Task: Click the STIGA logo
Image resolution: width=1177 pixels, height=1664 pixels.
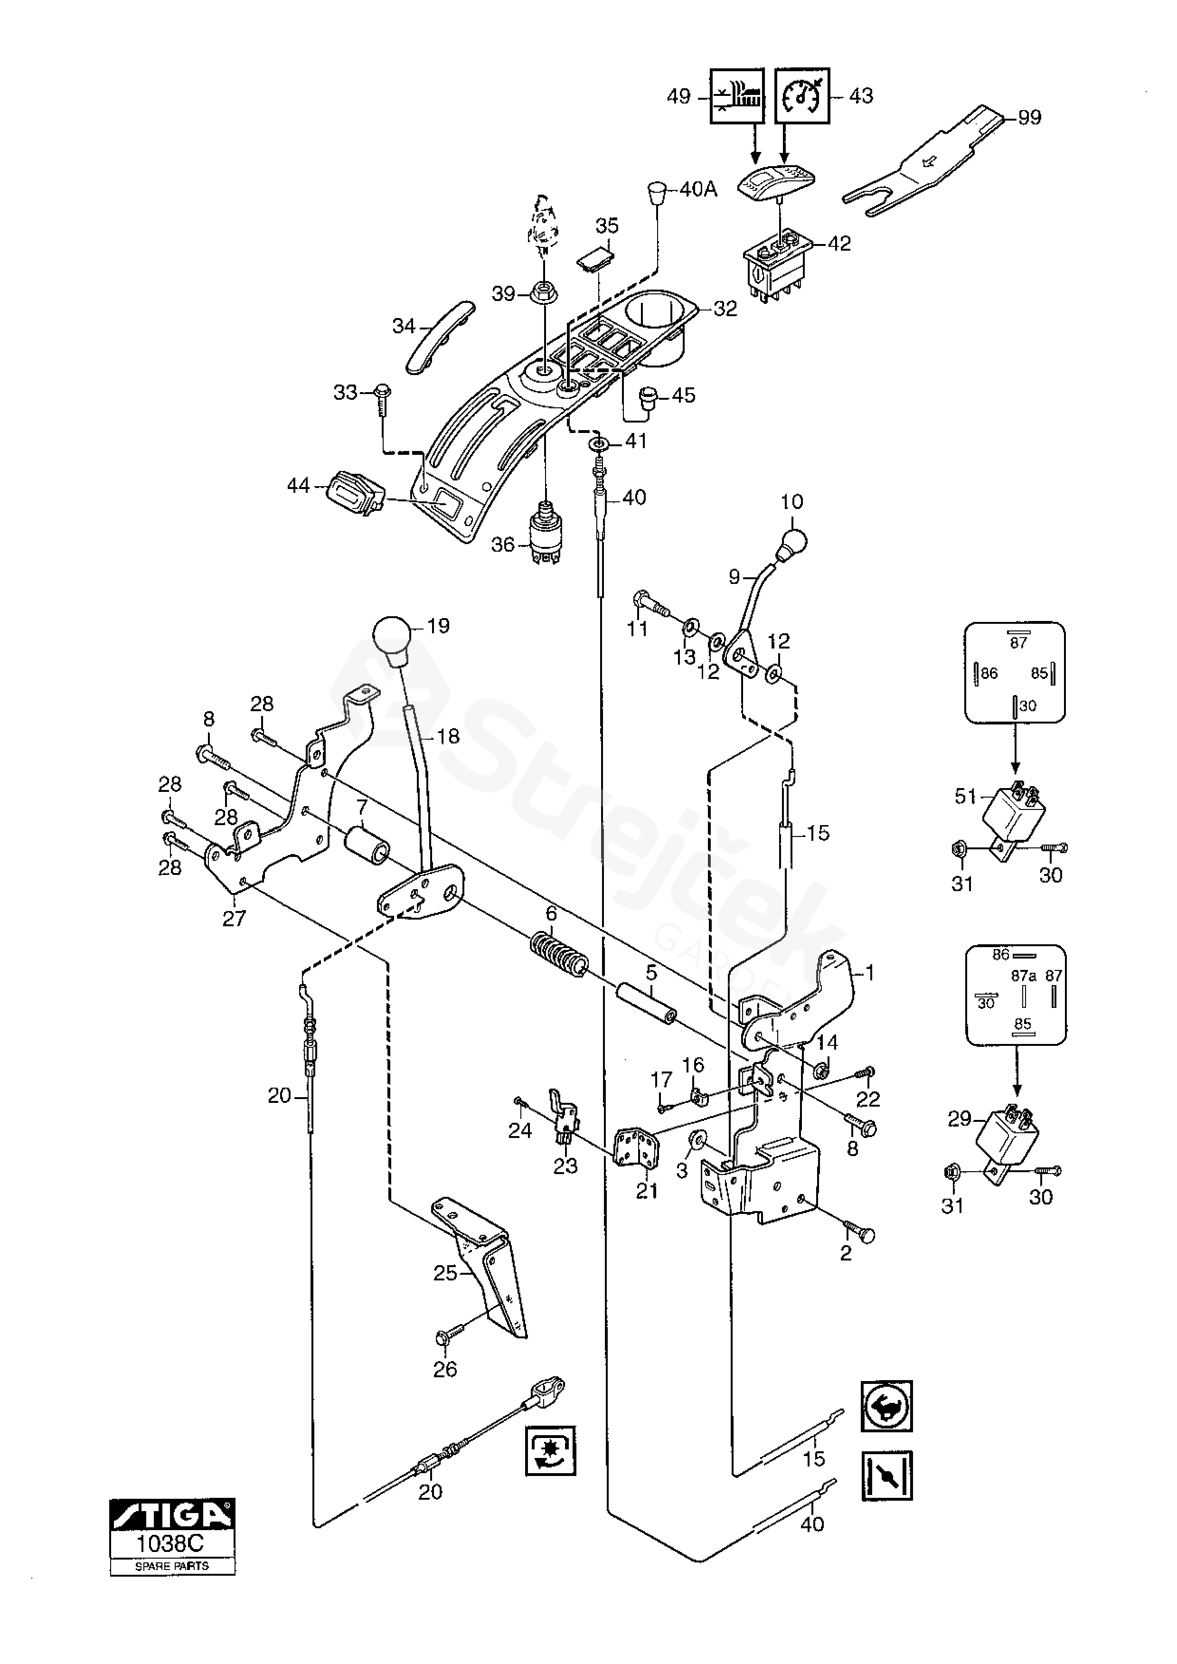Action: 172,1520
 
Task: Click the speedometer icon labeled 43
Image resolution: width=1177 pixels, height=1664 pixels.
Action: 802,96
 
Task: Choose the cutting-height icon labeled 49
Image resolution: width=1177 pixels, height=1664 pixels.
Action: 737,96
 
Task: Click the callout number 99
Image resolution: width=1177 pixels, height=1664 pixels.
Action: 1029,117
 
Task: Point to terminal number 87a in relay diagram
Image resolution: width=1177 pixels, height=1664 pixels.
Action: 1023,976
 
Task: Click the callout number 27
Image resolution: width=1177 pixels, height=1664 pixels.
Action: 234,918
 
